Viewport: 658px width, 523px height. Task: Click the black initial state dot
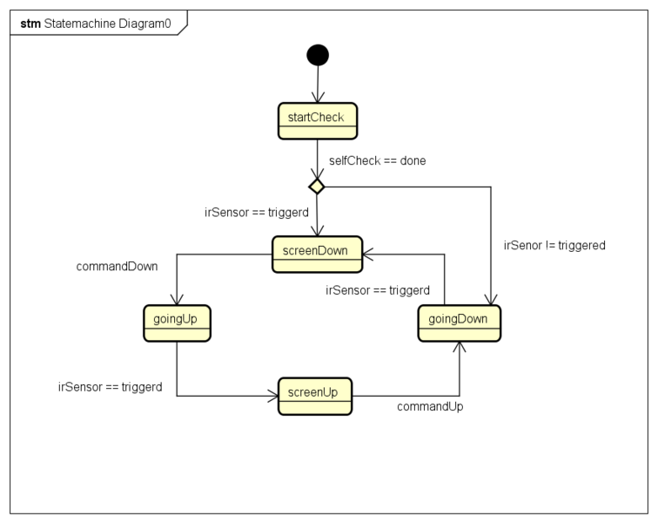point(318,55)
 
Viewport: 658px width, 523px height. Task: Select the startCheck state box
point(318,120)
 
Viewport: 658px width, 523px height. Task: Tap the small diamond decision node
point(317,187)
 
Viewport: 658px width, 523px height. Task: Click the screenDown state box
point(316,254)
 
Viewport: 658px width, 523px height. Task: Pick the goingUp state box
point(176,323)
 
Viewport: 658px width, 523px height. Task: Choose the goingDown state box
point(459,323)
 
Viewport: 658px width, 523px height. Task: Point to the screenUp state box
point(315,396)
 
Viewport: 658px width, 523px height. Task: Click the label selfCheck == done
point(377,160)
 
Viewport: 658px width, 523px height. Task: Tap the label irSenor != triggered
point(554,245)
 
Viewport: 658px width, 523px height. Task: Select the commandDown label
point(117,267)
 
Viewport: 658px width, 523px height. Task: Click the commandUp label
point(430,406)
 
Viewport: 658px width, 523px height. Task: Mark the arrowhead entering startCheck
point(318,98)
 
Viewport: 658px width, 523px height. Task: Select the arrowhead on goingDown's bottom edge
point(459,346)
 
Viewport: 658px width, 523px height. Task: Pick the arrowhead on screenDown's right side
point(366,254)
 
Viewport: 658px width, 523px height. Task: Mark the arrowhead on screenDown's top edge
point(317,232)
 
